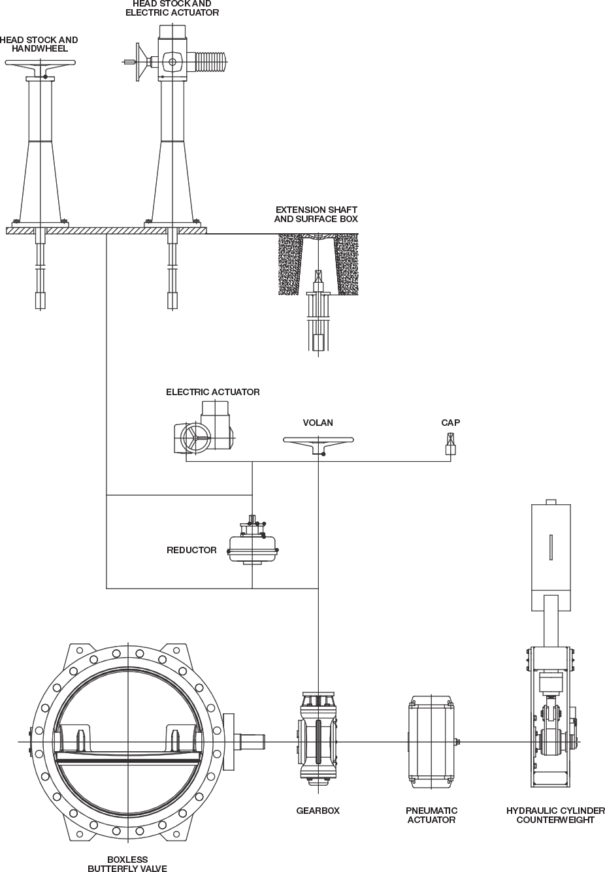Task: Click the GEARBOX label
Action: (318, 811)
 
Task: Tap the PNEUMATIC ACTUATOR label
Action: (431, 815)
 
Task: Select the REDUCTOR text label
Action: (191, 550)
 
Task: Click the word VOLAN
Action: (318, 423)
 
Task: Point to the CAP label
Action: (450, 423)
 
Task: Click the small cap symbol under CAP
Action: (451, 445)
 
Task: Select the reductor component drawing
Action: (252, 540)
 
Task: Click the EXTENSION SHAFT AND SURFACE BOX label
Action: (316, 214)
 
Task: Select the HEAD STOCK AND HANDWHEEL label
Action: (39, 44)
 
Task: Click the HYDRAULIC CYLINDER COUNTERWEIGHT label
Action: (555, 815)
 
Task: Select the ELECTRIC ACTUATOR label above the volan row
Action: (212, 392)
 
